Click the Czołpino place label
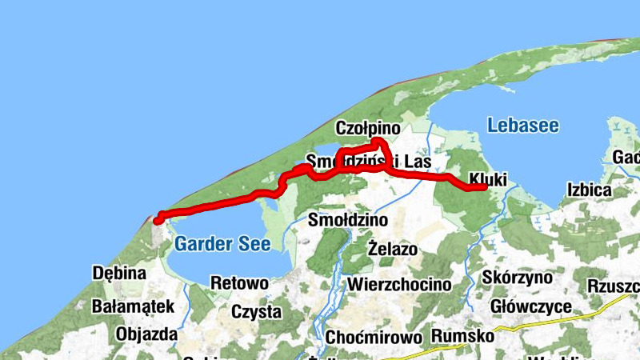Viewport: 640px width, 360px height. click(368, 128)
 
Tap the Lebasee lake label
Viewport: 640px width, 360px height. click(522, 126)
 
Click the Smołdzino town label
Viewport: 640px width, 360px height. click(348, 219)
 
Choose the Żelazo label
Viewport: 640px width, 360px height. click(393, 249)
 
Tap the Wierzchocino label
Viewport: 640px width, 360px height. click(399, 284)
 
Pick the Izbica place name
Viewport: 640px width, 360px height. click(589, 190)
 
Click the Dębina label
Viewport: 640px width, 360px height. click(120, 273)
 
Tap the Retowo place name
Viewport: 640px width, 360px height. click(238, 282)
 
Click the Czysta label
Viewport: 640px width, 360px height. click(255, 311)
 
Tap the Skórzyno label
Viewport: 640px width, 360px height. click(518, 278)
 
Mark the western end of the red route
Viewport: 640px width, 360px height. click(158, 218)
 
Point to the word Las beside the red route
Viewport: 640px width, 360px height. click(418, 162)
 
